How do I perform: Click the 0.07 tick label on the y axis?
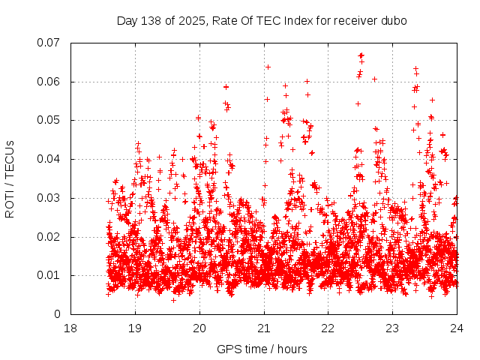pos(49,43)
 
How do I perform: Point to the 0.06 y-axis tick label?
pos(49,82)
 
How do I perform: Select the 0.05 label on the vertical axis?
pos(49,120)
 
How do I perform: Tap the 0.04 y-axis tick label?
pos(49,159)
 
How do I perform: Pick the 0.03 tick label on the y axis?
pos(49,198)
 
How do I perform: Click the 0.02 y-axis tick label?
pos(49,236)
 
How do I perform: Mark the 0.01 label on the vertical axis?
pos(49,275)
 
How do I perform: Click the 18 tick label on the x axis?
pos(70,328)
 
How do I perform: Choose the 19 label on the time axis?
pos(135,328)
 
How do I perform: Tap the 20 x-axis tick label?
pos(199,328)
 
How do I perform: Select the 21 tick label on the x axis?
pos(264,328)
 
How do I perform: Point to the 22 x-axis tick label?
pos(328,328)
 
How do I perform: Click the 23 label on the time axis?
pos(393,328)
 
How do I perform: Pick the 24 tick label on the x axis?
pos(457,328)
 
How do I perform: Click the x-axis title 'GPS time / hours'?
pos(262,349)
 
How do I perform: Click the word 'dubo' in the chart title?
pos(394,20)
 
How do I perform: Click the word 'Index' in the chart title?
pos(296,20)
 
